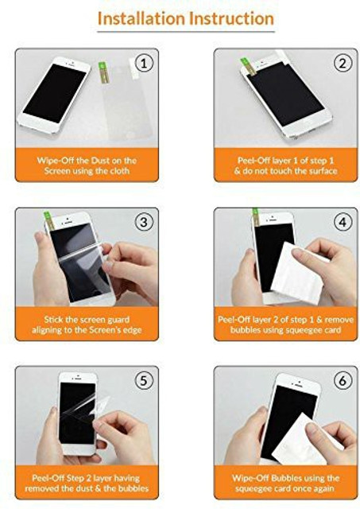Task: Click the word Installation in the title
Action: [141, 18]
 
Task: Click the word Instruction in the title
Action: [232, 18]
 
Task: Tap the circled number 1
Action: [144, 64]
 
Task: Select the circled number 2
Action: [343, 64]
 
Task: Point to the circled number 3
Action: [144, 223]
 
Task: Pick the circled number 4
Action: [343, 223]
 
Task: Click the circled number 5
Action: [144, 380]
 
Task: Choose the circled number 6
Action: [343, 380]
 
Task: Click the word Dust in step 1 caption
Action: [100, 161]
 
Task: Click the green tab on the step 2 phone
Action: [247, 67]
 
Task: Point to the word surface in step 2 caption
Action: [323, 171]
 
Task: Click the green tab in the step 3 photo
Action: [49, 220]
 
